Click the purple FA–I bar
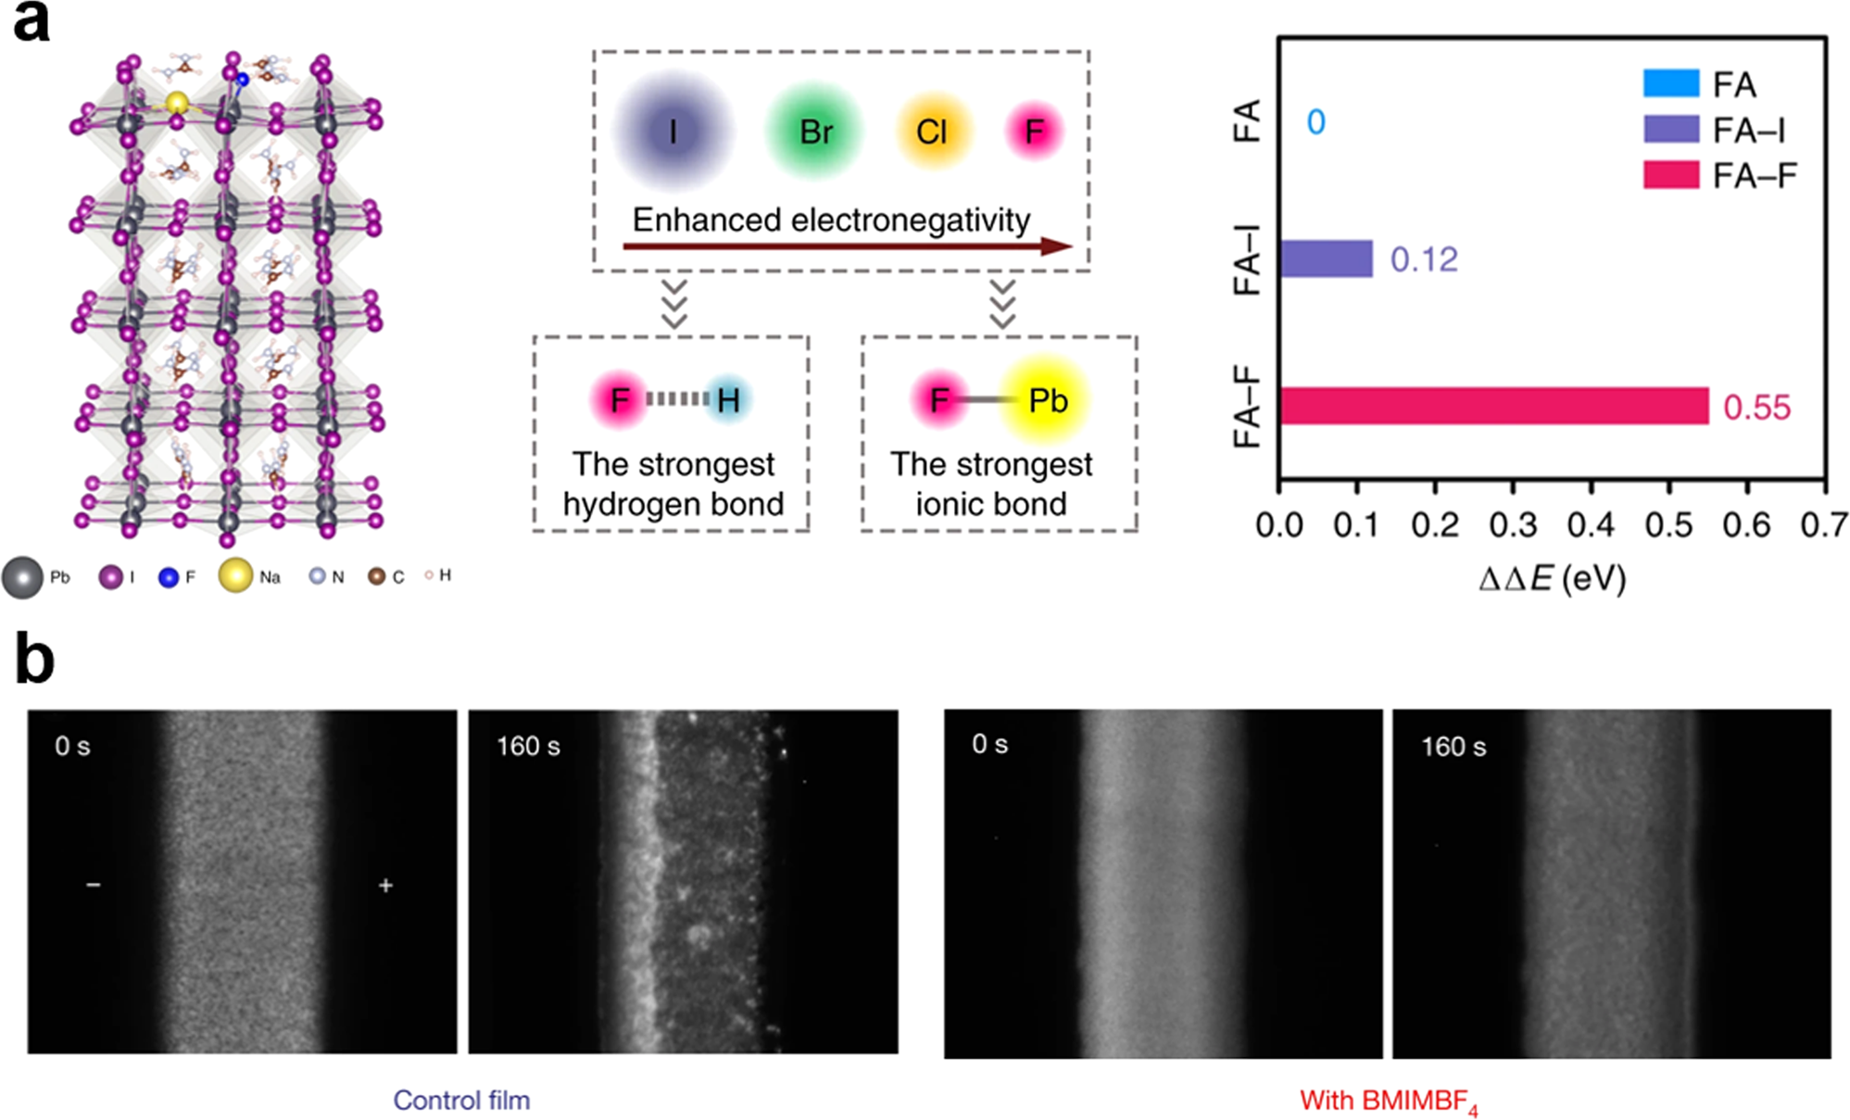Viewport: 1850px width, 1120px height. click(1326, 258)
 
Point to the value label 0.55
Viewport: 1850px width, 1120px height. click(1756, 408)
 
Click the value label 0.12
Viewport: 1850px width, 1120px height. click(1424, 259)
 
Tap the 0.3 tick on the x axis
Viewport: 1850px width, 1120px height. click(1513, 525)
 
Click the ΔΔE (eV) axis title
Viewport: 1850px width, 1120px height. click(1552, 579)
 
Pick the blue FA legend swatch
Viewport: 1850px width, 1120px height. click(1670, 83)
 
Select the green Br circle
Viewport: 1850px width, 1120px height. click(815, 132)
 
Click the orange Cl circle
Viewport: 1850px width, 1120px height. click(932, 132)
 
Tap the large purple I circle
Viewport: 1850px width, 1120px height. click(673, 132)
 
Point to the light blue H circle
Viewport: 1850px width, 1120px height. click(728, 400)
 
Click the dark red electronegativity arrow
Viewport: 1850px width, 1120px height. click(847, 246)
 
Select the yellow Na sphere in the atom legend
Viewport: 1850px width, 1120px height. click(235, 575)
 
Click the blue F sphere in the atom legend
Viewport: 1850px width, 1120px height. click(168, 577)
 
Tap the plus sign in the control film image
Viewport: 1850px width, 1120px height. click(385, 886)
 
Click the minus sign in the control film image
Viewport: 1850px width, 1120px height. click(94, 885)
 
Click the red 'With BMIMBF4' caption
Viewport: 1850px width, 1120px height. click(1388, 1101)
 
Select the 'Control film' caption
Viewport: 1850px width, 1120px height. click(461, 1100)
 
